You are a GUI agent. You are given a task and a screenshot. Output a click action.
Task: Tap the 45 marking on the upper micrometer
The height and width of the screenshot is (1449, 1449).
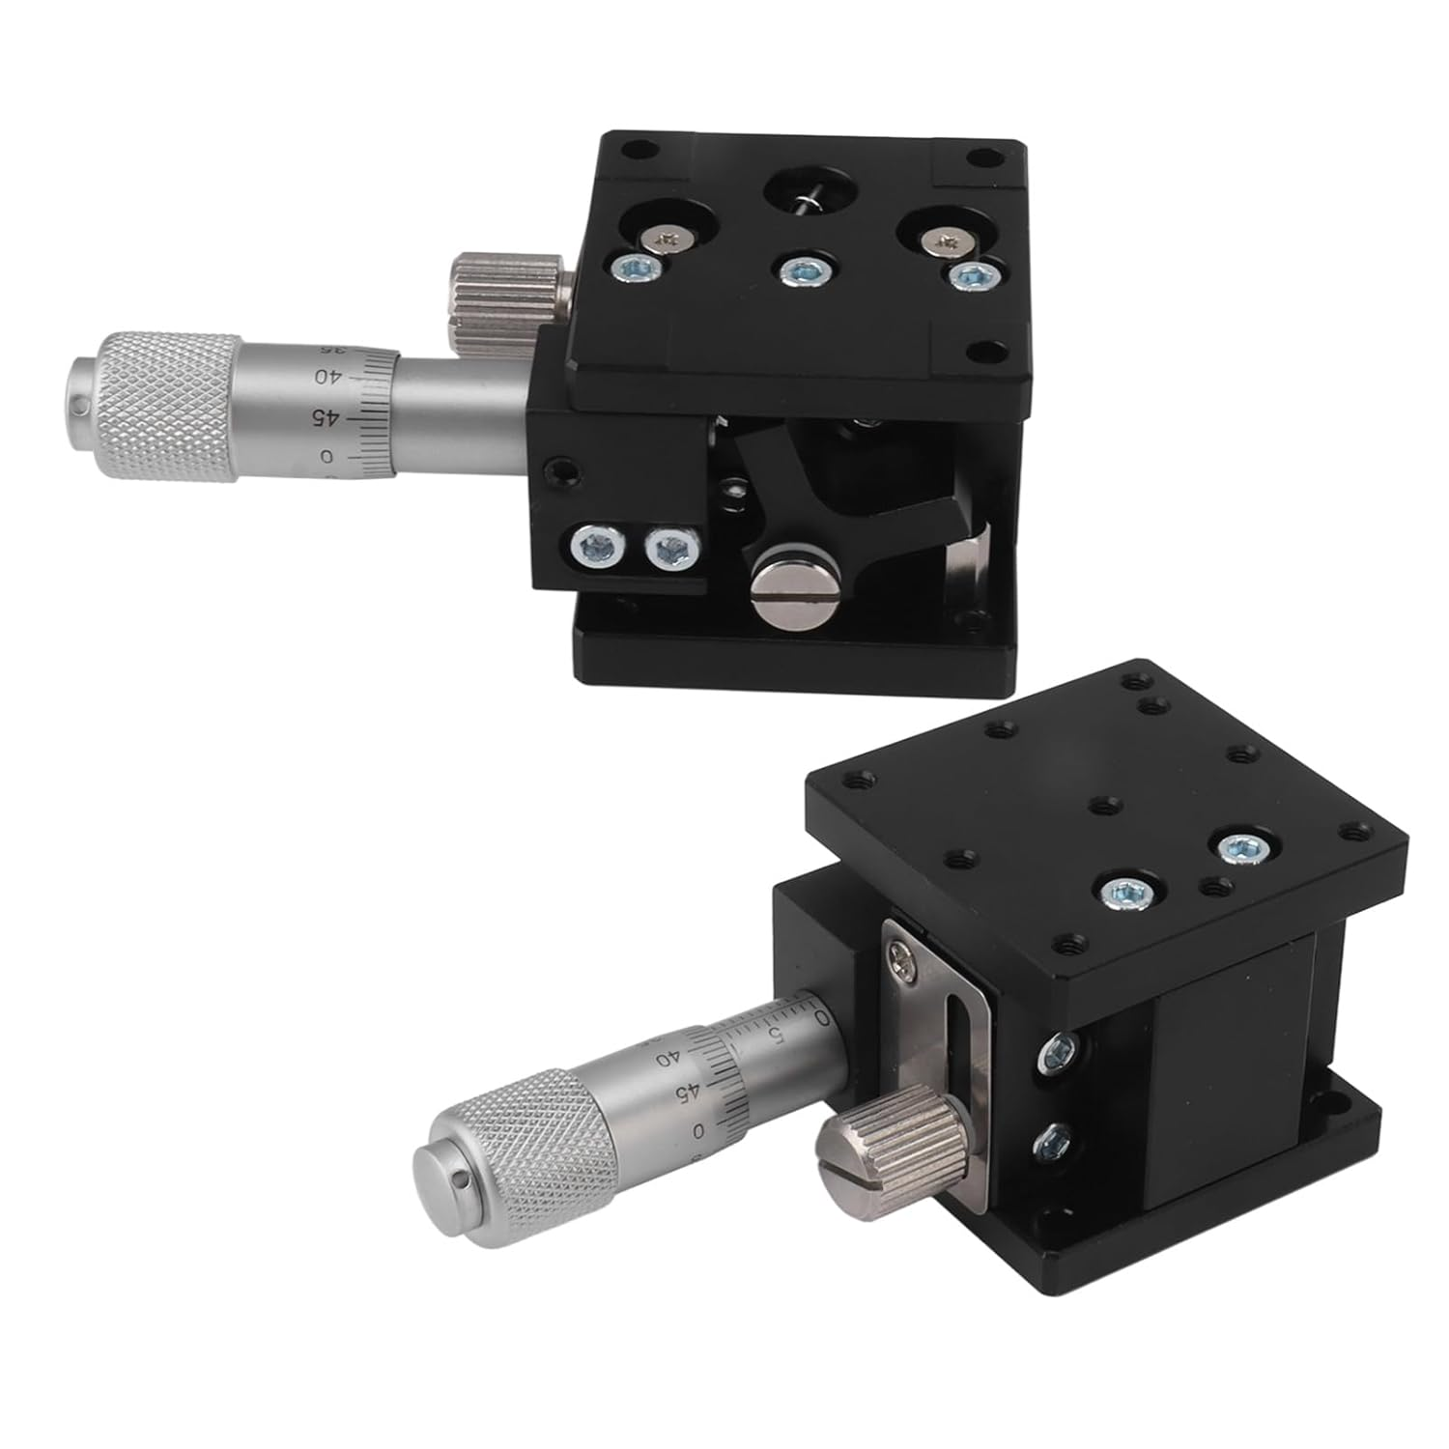[329, 417]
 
